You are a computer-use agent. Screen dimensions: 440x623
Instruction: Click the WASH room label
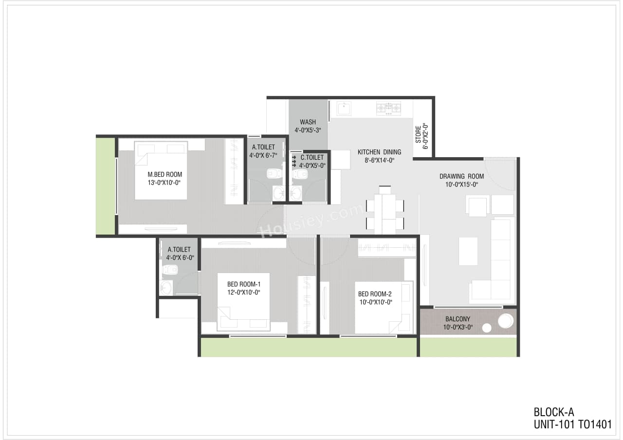click(308, 122)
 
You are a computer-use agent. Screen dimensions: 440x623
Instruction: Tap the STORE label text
click(418, 135)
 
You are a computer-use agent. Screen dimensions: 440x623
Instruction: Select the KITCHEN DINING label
click(379, 152)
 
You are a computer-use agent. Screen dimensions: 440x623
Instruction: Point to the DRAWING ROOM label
click(461, 176)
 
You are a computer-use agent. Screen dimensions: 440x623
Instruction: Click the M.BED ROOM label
click(165, 174)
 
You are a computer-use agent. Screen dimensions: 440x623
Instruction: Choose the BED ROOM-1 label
click(244, 284)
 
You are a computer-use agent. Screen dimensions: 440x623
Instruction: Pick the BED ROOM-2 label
click(375, 293)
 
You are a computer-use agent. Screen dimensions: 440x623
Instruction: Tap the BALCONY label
click(457, 319)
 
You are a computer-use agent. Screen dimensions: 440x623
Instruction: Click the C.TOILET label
click(312, 158)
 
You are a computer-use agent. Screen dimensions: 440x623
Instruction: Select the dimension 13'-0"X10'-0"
click(165, 183)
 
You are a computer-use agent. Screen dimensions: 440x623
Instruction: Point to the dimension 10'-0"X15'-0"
click(461, 184)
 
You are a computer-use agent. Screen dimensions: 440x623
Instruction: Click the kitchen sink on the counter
click(344, 108)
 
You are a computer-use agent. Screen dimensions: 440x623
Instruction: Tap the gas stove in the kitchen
click(388, 108)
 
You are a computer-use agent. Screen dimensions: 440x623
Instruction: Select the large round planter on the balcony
click(505, 321)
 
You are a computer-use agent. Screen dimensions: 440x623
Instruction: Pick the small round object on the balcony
click(486, 328)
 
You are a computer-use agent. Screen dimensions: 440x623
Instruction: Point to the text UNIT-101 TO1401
click(572, 424)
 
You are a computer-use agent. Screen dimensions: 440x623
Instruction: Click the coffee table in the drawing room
click(468, 251)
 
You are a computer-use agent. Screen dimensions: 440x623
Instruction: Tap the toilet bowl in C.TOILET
click(299, 174)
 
